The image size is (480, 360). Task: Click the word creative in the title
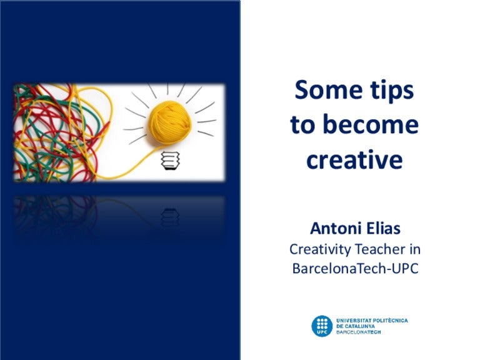click(354, 160)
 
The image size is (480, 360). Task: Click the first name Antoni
click(335, 229)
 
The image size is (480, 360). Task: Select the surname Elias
click(382, 229)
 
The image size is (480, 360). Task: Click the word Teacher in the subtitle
click(381, 249)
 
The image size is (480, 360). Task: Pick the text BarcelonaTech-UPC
click(354, 269)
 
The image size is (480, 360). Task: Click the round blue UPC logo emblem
click(322, 326)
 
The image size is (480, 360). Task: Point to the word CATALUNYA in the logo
click(365, 326)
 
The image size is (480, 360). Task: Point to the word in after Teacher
click(415, 249)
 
